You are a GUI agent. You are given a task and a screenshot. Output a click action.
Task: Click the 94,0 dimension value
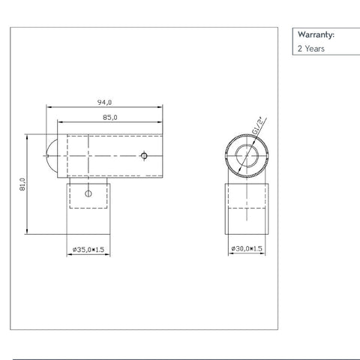point(104,102)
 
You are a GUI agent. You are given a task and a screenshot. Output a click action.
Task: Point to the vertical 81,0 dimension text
point(22,184)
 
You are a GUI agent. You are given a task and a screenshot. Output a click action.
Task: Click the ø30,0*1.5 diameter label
point(247,248)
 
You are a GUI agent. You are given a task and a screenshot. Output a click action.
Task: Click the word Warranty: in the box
point(316,34)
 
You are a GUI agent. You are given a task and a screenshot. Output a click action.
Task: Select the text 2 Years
point(310,49)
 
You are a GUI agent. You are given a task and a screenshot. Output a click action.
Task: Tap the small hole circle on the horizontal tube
point(145,157)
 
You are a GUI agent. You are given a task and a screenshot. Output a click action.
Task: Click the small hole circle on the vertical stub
point(89,193)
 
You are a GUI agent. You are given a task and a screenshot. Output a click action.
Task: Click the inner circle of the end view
point(247,157)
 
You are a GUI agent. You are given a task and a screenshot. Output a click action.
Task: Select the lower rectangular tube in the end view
point(247,208)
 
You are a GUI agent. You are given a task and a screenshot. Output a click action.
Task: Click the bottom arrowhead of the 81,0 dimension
point(28,231)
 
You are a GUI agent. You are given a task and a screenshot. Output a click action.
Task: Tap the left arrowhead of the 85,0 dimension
point(70,121)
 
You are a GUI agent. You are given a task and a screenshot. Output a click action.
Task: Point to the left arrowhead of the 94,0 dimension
point(50,107)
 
